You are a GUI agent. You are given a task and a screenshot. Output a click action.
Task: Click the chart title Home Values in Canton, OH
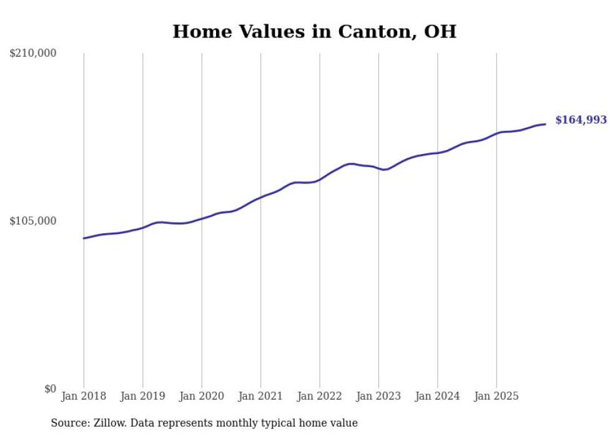(x=314, y=31)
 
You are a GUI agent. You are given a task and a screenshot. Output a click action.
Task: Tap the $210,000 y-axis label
(x=33, y=54)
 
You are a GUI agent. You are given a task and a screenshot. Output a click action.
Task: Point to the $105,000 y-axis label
(x=33, y=221)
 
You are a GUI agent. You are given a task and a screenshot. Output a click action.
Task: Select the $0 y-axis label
(x=50, y=389)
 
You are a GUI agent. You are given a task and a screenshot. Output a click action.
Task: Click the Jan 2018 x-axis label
(x=84, y=396)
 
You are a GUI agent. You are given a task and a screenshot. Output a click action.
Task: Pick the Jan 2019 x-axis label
(x=142, y=396)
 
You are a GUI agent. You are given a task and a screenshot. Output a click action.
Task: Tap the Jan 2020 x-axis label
(x=202, y=396)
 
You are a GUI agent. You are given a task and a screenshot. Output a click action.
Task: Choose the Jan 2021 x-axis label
(x=260, y=396)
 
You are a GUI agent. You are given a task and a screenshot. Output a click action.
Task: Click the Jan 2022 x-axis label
(x=320, y=396)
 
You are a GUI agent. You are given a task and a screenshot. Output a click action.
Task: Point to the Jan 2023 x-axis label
(x=378, y=396)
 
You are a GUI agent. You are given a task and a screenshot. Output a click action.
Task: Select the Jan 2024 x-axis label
(x=438, y=396)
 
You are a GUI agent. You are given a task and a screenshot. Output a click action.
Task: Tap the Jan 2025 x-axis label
(x=496, y=396)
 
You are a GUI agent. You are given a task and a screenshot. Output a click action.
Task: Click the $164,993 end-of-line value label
(x=581, y=120)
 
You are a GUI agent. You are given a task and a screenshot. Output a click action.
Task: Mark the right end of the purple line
(x=545, y=124)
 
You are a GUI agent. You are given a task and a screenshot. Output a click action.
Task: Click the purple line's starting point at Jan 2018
(x=84, y=238)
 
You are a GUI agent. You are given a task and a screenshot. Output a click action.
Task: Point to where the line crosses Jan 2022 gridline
(x=320, y=180)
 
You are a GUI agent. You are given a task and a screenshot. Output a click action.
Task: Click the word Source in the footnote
(x=70, y=423)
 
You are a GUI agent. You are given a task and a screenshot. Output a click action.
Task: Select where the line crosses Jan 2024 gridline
(x=438, y=152)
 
